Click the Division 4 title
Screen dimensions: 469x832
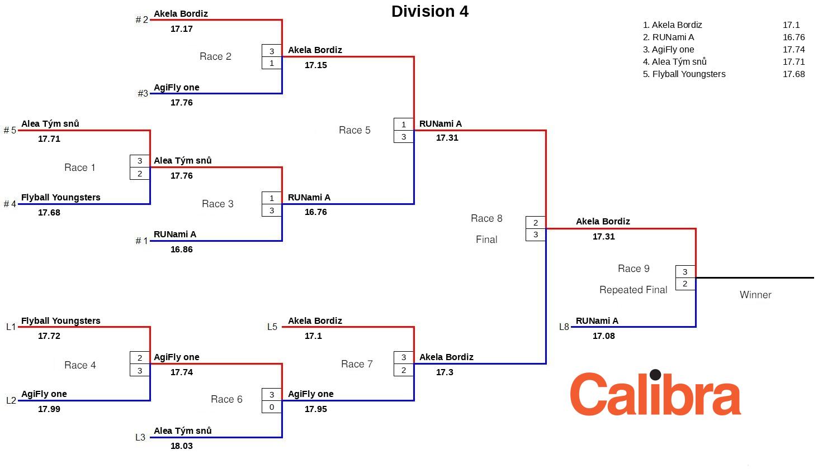(429, 11)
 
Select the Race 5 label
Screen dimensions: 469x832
(354, 130)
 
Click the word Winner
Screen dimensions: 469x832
(755, 295)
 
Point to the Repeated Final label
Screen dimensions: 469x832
(633, 290)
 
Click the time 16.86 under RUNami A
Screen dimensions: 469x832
(181, 250)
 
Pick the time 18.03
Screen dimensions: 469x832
(181, 446)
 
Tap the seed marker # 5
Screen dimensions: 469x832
(10, 130)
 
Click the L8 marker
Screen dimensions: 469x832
(564, 327)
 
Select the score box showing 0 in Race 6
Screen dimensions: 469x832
(272, 407)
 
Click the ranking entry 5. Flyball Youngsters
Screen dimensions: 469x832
(684, 74)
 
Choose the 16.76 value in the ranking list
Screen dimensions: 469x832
(793, 37)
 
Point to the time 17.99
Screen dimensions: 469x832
(49, 409)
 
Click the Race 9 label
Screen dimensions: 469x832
(634, 269)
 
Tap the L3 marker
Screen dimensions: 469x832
(140, 437)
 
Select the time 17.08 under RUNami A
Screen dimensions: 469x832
(603, 336)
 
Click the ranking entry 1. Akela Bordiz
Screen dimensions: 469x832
(672, 25)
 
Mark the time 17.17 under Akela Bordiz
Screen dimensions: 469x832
(181, 29)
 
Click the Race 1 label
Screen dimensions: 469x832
(80, 167)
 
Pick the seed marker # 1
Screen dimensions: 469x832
(142, 241)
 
